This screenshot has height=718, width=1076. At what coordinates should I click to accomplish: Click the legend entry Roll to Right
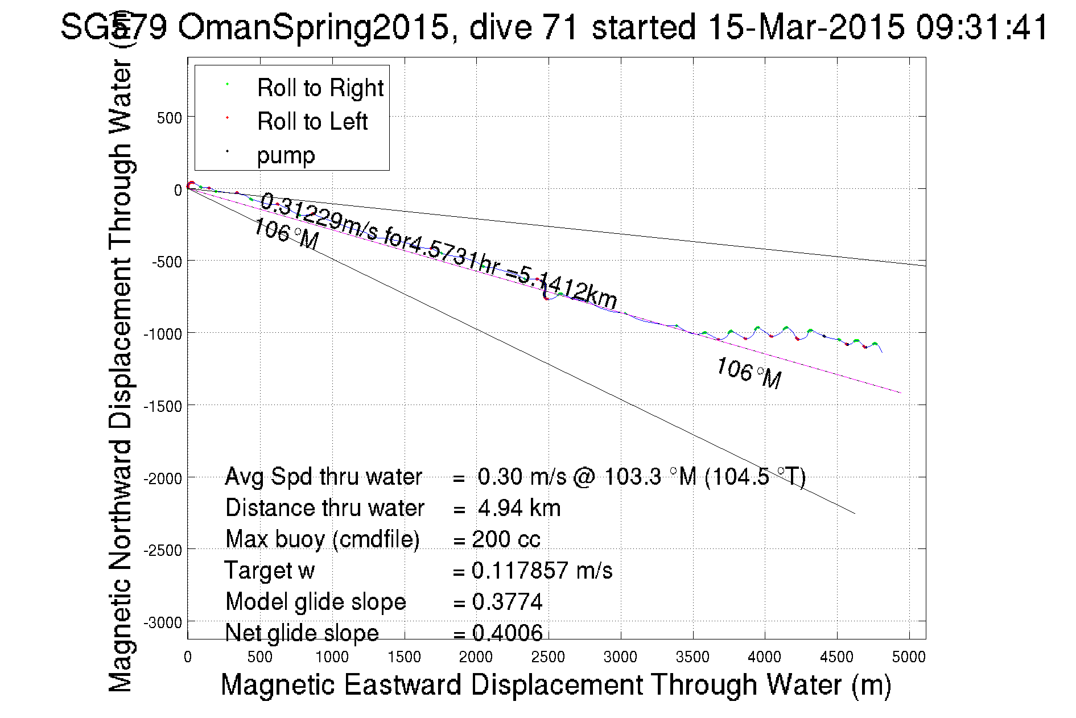point(320,88)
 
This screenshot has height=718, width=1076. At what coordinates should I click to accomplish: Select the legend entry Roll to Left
point(312,122)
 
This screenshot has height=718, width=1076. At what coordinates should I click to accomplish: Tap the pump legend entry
point(286,155)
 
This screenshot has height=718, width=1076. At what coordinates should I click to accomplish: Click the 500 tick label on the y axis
point(169,118)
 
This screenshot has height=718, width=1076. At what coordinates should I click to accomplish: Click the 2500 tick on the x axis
point(548,658)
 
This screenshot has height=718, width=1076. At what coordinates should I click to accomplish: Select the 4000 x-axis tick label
point(764,658)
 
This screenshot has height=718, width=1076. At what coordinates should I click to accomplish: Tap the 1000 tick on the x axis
point(332,658)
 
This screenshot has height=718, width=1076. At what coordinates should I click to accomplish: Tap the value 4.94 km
point(519,508)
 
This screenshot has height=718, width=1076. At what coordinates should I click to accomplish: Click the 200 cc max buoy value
point(506,539)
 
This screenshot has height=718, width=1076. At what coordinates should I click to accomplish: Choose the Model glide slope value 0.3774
point(507,602)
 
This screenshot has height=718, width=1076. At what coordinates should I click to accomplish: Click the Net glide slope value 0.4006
point(507,633)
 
